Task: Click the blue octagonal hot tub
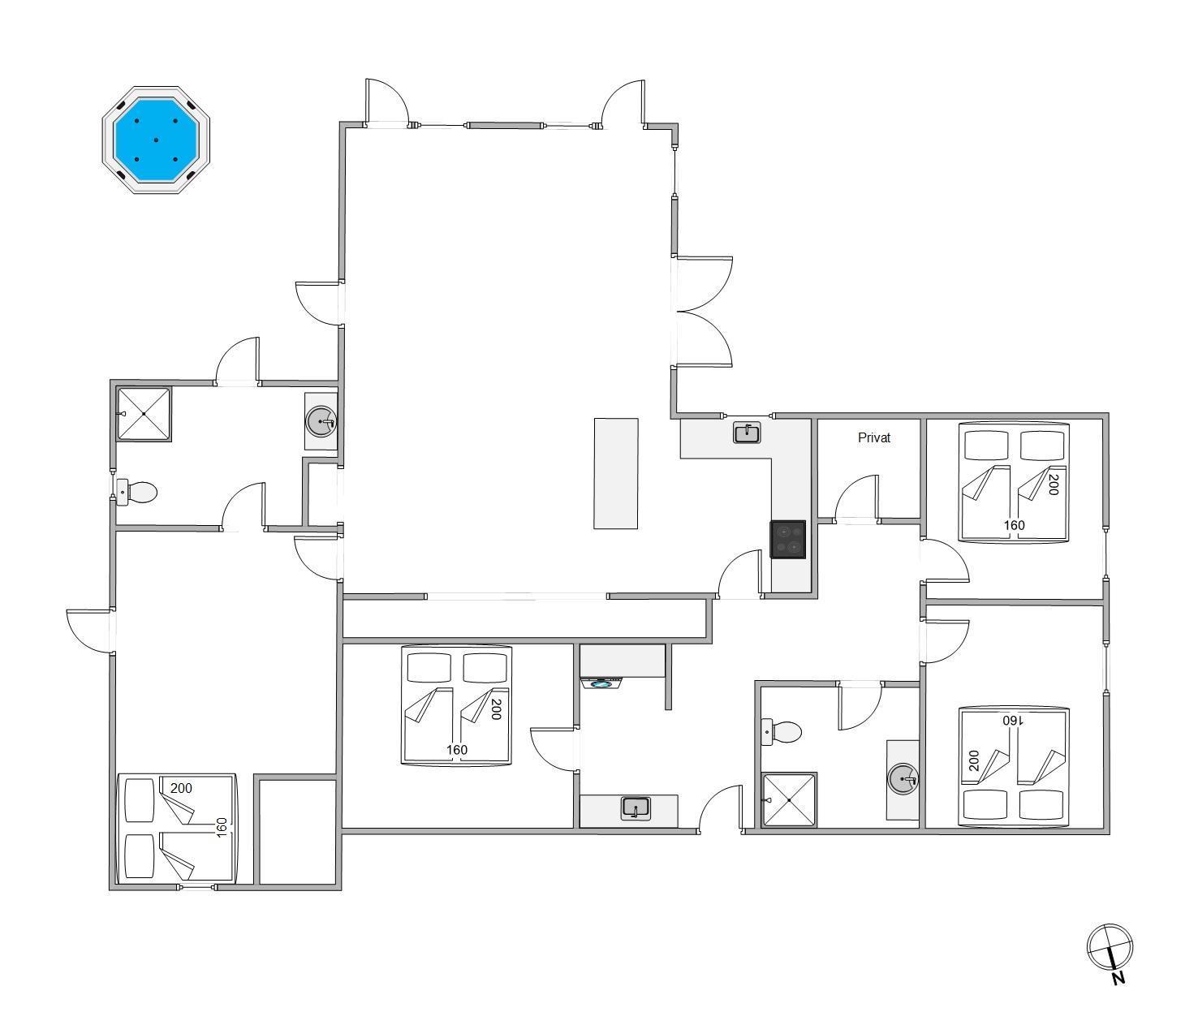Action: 156,140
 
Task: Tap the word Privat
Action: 873,437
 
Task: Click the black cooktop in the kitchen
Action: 788,539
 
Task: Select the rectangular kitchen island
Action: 616,473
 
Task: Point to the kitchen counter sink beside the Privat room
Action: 747,433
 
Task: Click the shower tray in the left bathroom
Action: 144,415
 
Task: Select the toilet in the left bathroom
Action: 136,493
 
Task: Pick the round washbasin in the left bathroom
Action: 321,422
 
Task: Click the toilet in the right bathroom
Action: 781,732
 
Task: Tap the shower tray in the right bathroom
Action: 789,799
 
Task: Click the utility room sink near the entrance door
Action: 636,808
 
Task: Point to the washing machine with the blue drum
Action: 601,683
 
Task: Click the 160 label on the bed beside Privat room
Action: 1015,525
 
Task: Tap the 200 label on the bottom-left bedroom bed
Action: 181,788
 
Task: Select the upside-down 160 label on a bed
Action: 1013,721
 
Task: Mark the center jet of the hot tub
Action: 156,140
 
